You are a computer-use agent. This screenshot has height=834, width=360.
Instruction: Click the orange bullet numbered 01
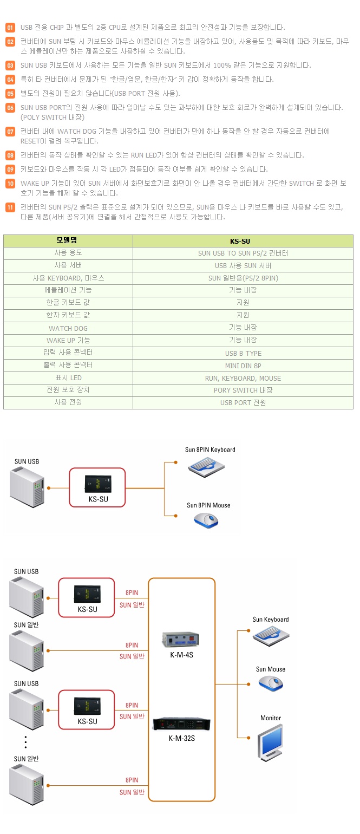tap(10, 28)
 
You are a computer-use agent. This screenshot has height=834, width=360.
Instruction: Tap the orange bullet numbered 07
tap(10, 132)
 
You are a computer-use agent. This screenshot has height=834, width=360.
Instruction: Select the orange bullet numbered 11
tap(10, 207)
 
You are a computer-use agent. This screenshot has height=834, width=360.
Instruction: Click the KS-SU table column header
tap(243, 241)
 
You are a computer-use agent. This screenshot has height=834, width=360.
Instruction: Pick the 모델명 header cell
tap(68, 240)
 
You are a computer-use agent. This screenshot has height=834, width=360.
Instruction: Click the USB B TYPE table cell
tap(243, 353)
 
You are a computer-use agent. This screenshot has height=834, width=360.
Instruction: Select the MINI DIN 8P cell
tap(243, 366)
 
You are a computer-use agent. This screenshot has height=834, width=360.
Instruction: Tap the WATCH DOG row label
tap(68, 328)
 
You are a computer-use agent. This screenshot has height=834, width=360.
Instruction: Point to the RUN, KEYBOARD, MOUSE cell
tap(243, 378)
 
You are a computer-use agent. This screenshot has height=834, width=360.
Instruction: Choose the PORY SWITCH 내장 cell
tap(243, 390)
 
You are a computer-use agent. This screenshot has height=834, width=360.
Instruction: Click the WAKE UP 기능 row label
tap(68, 341)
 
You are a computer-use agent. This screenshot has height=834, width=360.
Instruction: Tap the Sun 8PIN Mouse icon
tap(206, 520)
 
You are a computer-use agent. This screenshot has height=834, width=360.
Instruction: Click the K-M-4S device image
tap(181, 640)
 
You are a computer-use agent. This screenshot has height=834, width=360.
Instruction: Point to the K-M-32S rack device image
tap(181, 724)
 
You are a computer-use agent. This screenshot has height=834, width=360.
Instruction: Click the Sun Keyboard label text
tap(270, 620)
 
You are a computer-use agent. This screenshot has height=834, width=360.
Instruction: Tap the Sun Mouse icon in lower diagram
tap(270, 684)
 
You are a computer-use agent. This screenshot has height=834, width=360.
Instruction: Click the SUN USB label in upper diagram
tap(27, 461)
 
